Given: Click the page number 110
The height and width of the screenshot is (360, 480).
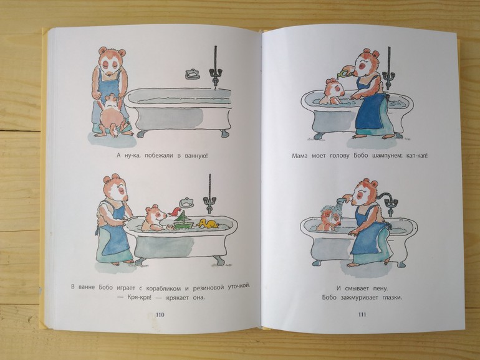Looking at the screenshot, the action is pos(160,315).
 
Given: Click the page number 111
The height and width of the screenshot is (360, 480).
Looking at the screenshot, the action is pos(362,315).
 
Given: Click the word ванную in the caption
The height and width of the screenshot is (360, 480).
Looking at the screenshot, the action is pos(196,155).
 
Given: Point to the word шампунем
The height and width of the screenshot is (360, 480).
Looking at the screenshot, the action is pos(384,156).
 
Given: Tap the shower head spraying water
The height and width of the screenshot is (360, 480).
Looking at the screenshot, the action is pos(341,201).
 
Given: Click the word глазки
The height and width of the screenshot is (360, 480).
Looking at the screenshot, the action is pos(391,297).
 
